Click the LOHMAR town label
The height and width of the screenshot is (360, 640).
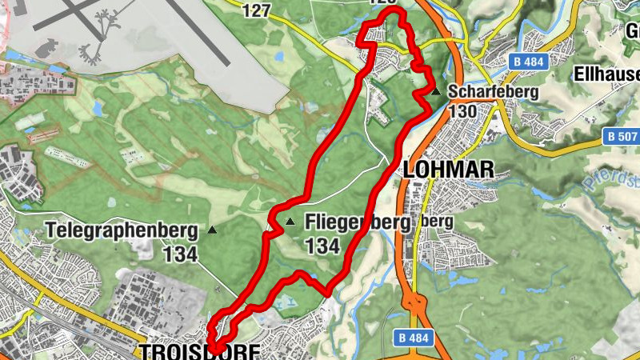[449, 169]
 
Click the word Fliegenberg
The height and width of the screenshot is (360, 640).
[357, 222]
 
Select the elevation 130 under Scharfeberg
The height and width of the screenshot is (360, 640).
[463, 112]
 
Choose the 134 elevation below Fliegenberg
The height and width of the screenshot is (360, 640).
[322, 246]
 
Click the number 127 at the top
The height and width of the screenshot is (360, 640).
[255, 10]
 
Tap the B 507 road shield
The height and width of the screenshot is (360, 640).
[622, 137]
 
